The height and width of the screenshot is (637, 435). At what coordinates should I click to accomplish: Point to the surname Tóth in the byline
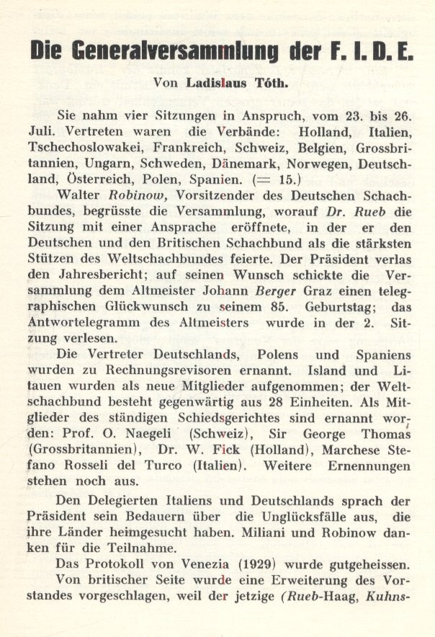click(270, 82)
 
